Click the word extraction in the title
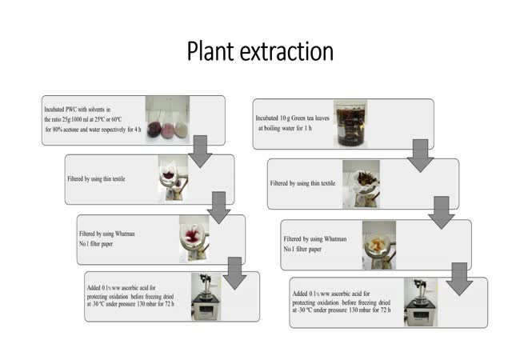click(289, 50)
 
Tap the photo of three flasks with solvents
click(167, 120)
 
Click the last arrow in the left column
click(234, 272)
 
